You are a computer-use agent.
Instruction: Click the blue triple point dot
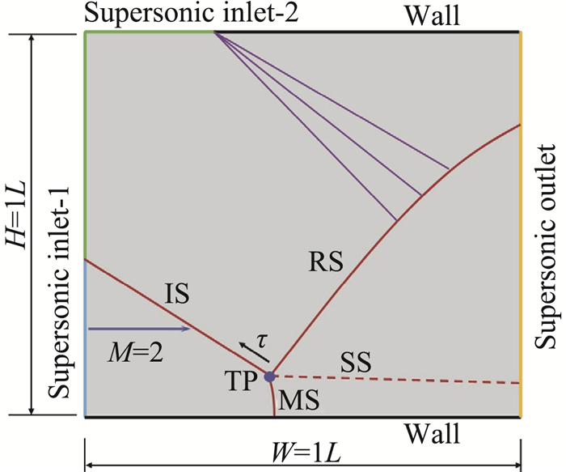click(x=270, y=376)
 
